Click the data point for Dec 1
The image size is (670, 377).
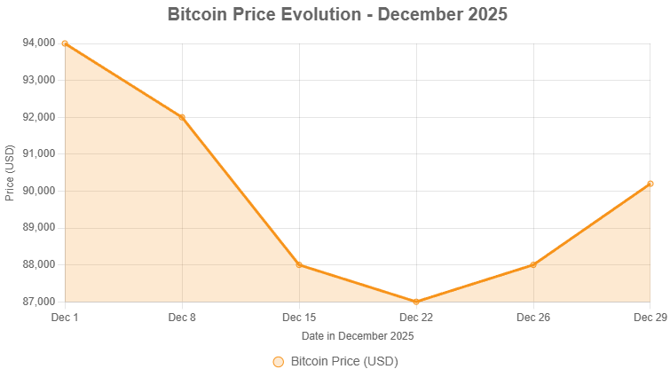(x=65, y=43)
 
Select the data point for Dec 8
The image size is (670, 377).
(x=182, y=116)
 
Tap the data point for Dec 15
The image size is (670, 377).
(x=299, y=264)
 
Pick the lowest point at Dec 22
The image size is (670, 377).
(x=416, y=302)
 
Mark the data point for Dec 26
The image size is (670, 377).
(x=533, y=264)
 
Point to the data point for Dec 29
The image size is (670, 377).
(x=650, y=184)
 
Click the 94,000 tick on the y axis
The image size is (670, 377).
(x=38, y=43)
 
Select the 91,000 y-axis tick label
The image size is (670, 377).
(x=38, y=153)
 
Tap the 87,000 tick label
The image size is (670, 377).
(x=38, y=302)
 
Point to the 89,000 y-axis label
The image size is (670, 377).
(x=38, y=228)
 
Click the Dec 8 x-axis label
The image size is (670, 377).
(x=182, y=317)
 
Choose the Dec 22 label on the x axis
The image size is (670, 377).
(x=416, y=317)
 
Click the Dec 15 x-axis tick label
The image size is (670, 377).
(x=299, y=317)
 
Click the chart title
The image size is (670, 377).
(x=337, y=15)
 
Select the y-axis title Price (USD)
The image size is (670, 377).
(x=10, y=172)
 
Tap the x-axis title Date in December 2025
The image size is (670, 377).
(x=358, y=336)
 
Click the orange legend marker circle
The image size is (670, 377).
(x=278, y=362)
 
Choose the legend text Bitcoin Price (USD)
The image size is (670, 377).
(x=344, y=362)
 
